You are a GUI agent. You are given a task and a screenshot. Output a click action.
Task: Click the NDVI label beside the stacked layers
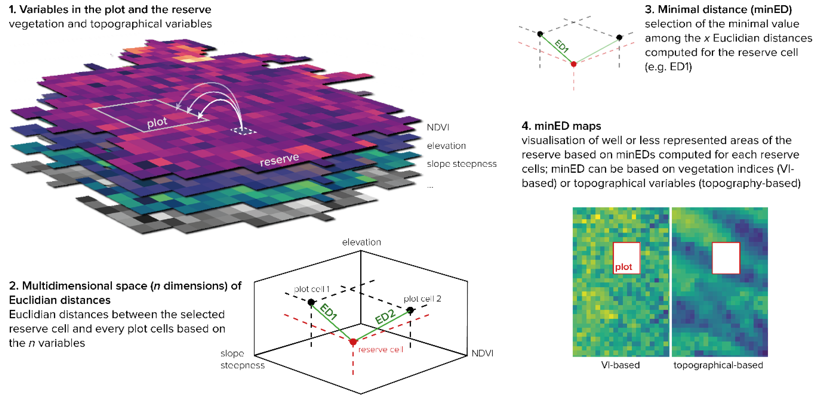pyautogui.click(x=438, y=127)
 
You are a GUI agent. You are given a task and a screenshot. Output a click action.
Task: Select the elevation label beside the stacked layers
pyautogui.click(x=446, y=146)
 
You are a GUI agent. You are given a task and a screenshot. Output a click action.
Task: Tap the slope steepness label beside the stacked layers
pyautogui.click(x=461, y=164)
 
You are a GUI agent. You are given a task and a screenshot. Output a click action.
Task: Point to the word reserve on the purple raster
pyautogui.click(x=279, y=159)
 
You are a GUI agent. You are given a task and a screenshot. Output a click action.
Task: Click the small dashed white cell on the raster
pyautogui.click(x=243, y=131)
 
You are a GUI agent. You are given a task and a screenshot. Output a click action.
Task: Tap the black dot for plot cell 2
pyautogui.click(x=410, y=310)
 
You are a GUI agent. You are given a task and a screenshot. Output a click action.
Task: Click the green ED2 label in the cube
pyautogui.click(x=385, y=316)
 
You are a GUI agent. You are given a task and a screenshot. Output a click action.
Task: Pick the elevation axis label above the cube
pyautogui.click(x=361, y=242)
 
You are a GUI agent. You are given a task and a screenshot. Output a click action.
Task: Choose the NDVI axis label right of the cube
pyautogui.click(x=482, y=353)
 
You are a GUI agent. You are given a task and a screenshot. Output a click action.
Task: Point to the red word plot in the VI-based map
pyautogui.click(x=623, y=267)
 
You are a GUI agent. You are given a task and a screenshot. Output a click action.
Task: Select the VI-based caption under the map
pyautogui.click(x=620, y=365)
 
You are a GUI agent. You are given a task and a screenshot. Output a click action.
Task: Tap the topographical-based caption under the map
pyautogui.click(x=718, y=365)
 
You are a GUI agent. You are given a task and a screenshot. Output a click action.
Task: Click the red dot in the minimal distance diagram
pyautogui.click(x=574, y=64)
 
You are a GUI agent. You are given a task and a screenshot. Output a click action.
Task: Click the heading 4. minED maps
pyautogui.click(x=561, y=126)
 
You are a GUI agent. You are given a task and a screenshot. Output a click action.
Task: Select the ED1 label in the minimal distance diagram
pyautogui.click(x=561, y=46)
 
